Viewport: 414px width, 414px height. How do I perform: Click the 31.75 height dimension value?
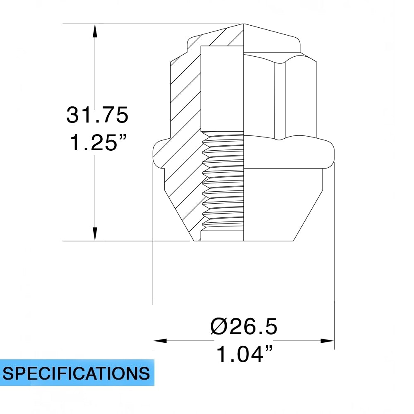click(97, 115)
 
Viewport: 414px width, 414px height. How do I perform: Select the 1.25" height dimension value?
click(97, 143)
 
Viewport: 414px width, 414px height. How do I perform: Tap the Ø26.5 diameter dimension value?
click(243, 327)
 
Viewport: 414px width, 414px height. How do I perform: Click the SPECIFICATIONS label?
click(77, 373)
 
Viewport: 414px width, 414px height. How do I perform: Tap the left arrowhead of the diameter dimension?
click(160, 341)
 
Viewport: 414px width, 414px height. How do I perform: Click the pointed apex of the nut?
click(244, 24)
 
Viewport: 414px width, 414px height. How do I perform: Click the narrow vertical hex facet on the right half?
click(280, 99)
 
